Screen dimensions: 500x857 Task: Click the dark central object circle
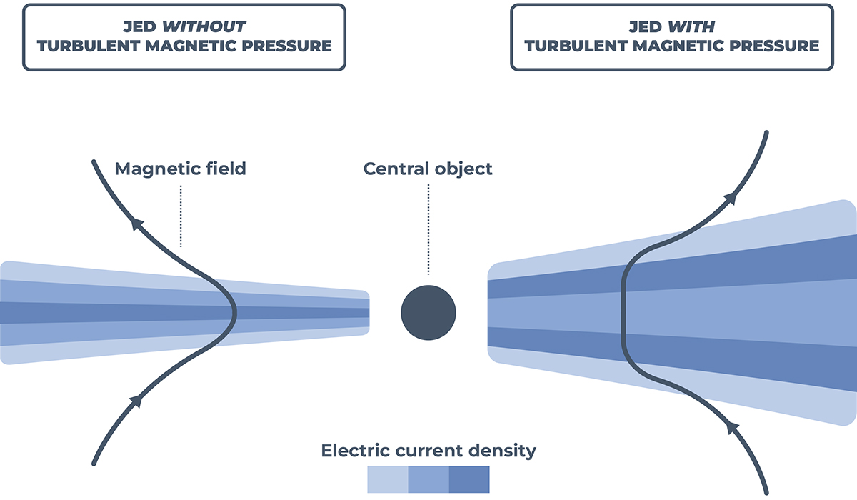pyautogui.click(x=428, y=312)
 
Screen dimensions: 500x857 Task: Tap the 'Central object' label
pyautogui.click(x=428, y=169)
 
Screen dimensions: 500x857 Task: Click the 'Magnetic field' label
pyautogui.click(x=180, y=169)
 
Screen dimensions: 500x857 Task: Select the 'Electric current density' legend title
pyautogui.click(x=428, y=451)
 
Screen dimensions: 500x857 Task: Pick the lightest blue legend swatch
pyautogui.click(x=387, y=479)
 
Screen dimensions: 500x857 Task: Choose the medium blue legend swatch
pyautogui.click(x=428, y=479)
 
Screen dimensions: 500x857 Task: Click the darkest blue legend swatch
pyautogui.click(x=469, y=479)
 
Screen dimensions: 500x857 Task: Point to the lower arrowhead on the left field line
pyautogui.click(x=136, y=401)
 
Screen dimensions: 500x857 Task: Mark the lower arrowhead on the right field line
pyautogui.click(x=731, y=427)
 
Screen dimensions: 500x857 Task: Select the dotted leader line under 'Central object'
pyautogui.click(x=428, y=229)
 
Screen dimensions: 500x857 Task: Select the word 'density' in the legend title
pyautogui.click(x=503, y=451)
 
